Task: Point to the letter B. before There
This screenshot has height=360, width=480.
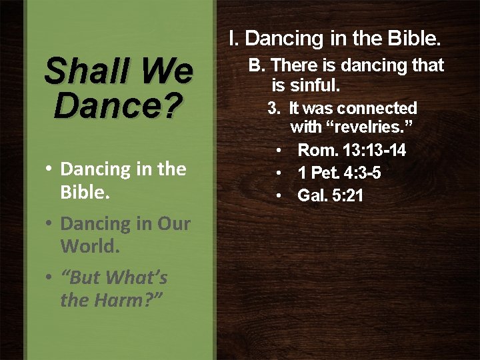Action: (257, 65)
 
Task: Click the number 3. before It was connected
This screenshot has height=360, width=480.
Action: (273, 108)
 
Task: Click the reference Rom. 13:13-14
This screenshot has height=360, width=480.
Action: (351, 150)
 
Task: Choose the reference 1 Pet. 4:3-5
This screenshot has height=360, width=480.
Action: (339, 173)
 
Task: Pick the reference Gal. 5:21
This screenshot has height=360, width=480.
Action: (330, 196)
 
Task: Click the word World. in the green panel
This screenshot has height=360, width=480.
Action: (90, 246)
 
